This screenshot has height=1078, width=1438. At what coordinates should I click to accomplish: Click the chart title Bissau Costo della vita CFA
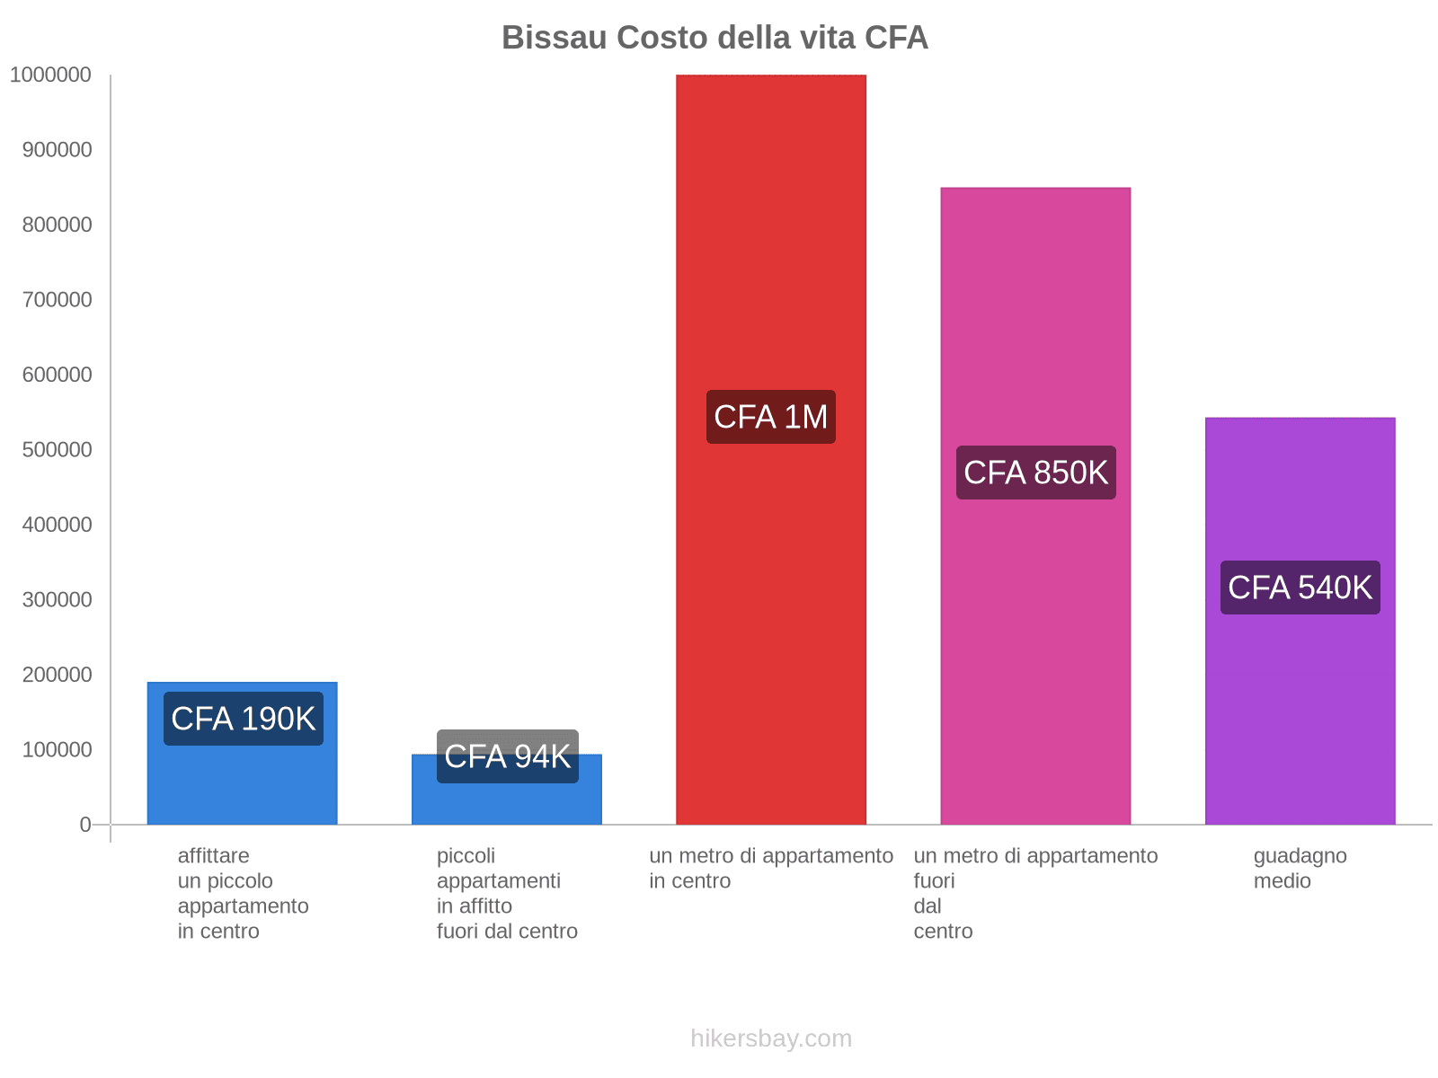tap(715, 38)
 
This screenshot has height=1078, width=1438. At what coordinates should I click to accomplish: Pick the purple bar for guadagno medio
tap(1300, 701)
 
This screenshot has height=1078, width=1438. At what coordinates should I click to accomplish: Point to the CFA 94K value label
tap(507, 756)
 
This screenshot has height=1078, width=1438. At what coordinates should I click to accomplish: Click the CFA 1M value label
tap(770, 417)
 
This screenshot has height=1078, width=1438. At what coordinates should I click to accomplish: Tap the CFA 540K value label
tap(1300, 588)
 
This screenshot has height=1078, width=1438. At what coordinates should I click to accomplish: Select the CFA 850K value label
tap(1035, 473)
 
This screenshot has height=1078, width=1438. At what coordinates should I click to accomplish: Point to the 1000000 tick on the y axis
tap(51, 75)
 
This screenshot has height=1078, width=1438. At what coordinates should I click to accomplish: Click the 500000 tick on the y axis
tap(57, 449)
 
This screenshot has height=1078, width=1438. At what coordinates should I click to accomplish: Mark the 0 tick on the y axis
tap(85, 824)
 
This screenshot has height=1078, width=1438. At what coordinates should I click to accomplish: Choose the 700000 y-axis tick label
tap(57, 299)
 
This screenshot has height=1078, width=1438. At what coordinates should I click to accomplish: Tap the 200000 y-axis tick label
tap(57, 674)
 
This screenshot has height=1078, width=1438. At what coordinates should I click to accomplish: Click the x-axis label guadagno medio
tap(1300, 868)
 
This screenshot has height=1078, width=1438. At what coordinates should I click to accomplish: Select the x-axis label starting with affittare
tap(243, 893)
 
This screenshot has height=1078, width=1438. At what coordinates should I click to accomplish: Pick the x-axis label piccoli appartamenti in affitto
tap(507, 893)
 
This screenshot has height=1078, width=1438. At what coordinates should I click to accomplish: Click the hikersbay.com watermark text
tap(770, 1038)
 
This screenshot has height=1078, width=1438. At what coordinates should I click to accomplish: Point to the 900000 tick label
tap(57, 149)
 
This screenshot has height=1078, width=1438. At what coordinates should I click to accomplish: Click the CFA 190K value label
tap(243, 719)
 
